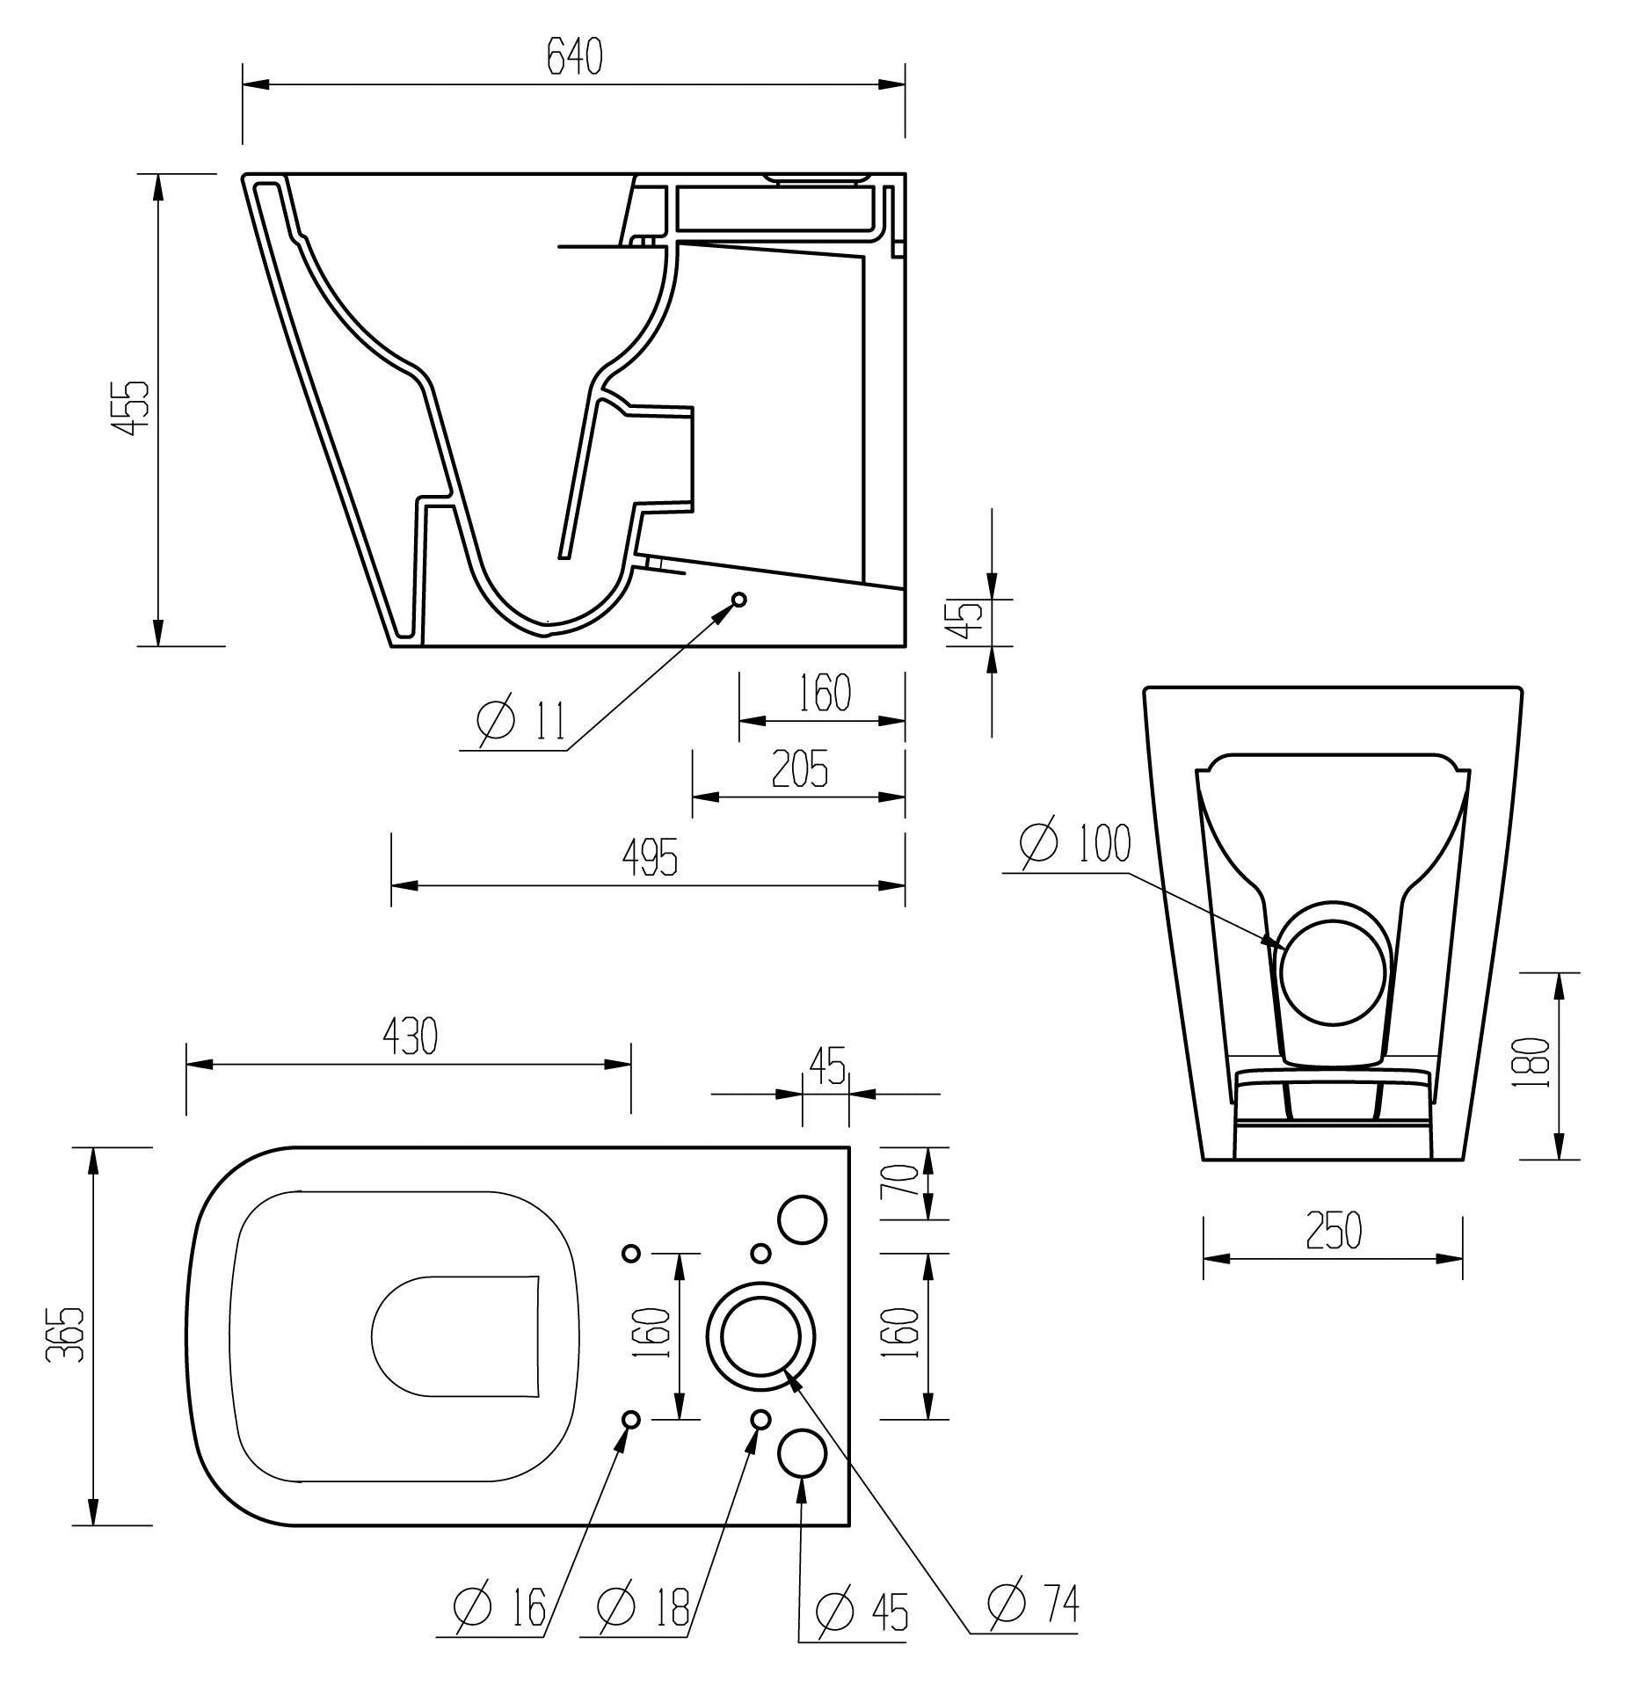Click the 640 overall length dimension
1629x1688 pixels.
574,58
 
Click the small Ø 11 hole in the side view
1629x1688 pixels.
738,599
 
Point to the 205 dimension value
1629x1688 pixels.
799,770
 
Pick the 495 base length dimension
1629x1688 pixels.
650,857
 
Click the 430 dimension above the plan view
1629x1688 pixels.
409,1037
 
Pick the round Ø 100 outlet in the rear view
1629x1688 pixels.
1333,974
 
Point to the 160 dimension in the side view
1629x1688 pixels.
825,693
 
